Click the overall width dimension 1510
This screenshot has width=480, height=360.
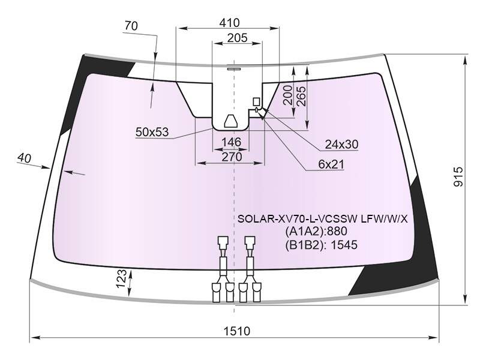click(x=236, y=331)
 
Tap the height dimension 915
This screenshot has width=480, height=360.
click(x=458, y=176)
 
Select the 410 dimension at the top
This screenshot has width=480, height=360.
click(x=230, y=23)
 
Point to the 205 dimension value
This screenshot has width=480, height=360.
click(x=237, y=38)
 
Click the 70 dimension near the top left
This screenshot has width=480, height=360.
click(x=131, y=26)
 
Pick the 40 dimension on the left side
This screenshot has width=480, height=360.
click(x=24, y=158)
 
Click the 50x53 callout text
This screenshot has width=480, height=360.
click(x=152, y=132)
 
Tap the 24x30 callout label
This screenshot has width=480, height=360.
click(x=341, y=144)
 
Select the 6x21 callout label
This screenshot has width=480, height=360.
click(x=331, y=164)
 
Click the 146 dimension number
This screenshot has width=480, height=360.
click(x=232, y=142)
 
